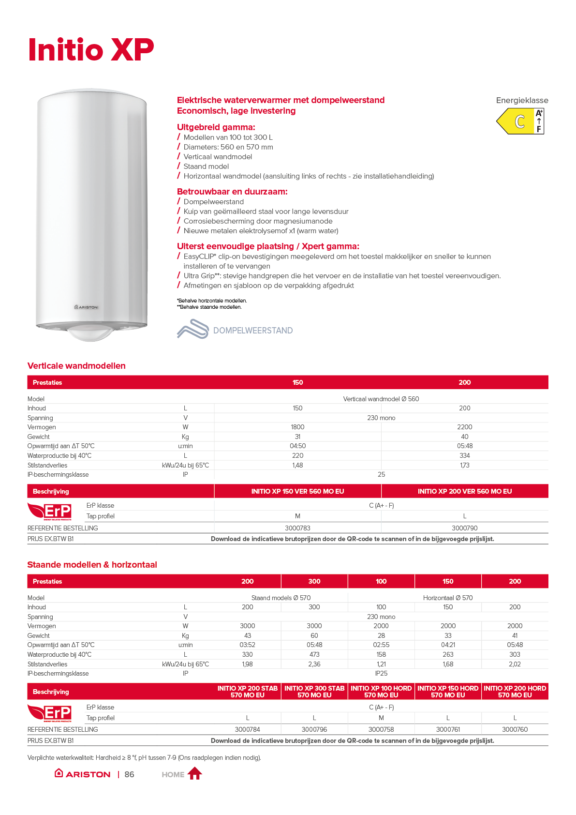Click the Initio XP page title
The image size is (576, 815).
91,49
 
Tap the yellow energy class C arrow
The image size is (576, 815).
516,121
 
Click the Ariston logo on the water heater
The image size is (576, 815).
87,307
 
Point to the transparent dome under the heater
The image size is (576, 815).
91,332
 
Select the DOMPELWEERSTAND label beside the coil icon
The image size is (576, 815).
252,331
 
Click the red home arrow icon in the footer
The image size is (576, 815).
194,773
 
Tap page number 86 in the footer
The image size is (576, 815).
129,774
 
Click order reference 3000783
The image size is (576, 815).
297,528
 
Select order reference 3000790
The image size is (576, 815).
464,528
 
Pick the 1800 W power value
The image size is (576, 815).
297,427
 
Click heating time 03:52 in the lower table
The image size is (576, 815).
247,645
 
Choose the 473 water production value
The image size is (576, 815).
314,654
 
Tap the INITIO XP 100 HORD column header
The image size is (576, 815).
381,692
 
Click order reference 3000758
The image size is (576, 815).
381,729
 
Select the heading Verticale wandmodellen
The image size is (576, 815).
76,366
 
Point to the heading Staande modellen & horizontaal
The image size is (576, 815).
92,565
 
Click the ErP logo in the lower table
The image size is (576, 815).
50,713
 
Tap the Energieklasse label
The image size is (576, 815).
522,100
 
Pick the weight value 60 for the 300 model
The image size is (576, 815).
314,635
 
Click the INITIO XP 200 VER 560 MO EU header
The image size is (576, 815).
464,491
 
